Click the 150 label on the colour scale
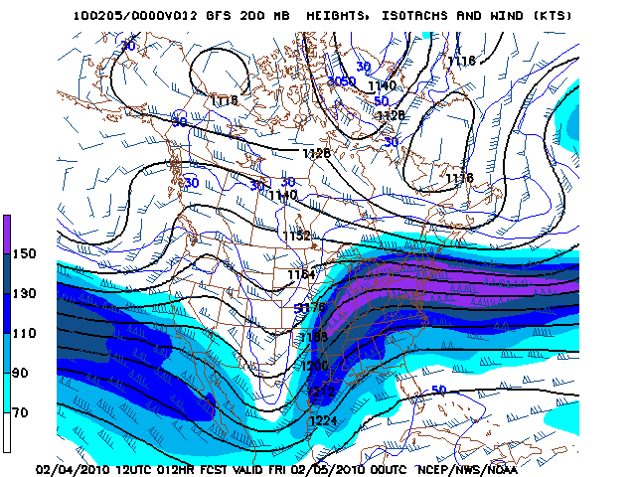tap(19, 253)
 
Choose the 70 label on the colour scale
tap(19, 411)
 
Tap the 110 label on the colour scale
tap(19, 333)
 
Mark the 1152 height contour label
tap(296, 236)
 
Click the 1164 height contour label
tap(301, 274)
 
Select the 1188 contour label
tap(313, 337)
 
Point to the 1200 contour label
tap(314, 366)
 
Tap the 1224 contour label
tap(323, 422)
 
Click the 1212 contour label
tap(320, 393)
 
